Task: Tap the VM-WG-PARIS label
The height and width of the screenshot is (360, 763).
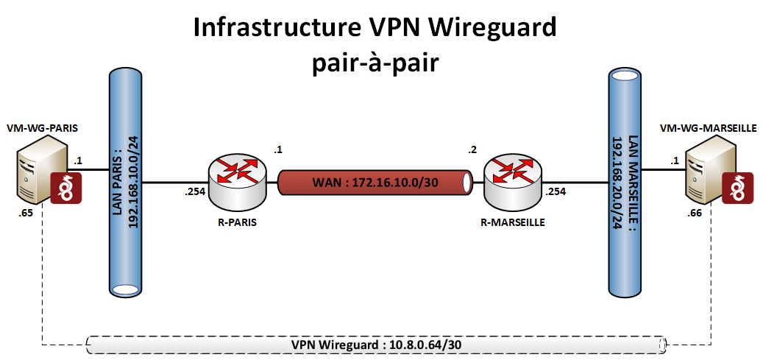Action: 42,127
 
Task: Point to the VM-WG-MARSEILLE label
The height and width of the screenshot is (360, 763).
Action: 708,127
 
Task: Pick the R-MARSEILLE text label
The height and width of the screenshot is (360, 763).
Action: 512,224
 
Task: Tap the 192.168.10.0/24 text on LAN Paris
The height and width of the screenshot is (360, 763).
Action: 135,180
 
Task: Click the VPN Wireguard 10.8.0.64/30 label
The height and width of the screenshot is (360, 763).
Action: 376,344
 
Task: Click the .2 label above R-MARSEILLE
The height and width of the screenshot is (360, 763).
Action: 472,150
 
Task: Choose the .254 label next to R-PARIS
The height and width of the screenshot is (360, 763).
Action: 194,194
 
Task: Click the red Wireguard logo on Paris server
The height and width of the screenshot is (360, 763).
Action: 65,188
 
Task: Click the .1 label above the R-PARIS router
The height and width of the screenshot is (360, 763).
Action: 278,149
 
